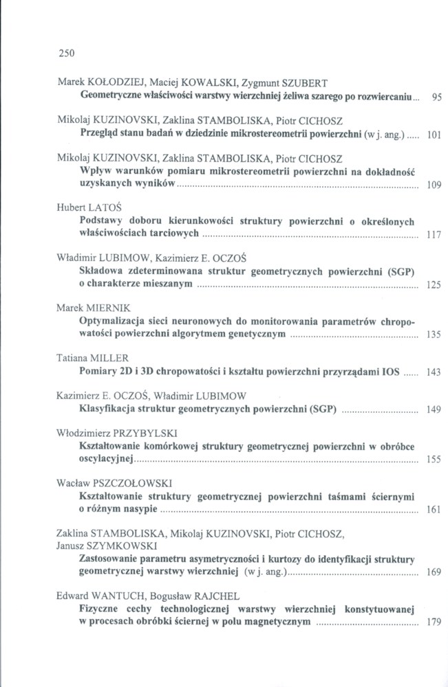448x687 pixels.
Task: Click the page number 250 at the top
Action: point(66,52)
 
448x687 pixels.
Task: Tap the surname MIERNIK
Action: point(105,306)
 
